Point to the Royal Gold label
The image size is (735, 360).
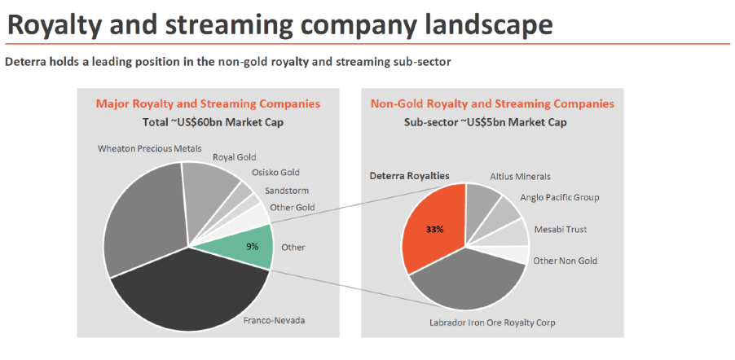[x=235, y=157]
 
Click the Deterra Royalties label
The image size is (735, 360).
[x=409, y=175]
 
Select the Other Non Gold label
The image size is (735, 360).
[x=566, y=261]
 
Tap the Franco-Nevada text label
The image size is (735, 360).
[x=274, y=320]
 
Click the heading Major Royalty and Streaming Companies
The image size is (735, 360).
[x=208, y=104]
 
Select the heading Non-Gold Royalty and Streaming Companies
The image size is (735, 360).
[x=492, y=104]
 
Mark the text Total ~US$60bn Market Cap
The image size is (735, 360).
[x=208, y=123]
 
